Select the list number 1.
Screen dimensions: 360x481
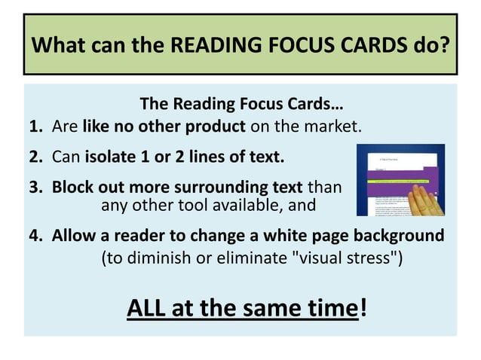[x=35, y=125]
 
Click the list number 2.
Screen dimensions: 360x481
[x=35, y=157]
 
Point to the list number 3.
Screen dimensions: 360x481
[x=35, y=186]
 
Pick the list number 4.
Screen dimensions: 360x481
[x=35, y=235]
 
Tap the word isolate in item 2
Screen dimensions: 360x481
[x=110, y=157]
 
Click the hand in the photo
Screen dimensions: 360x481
[x=422, y=203]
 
